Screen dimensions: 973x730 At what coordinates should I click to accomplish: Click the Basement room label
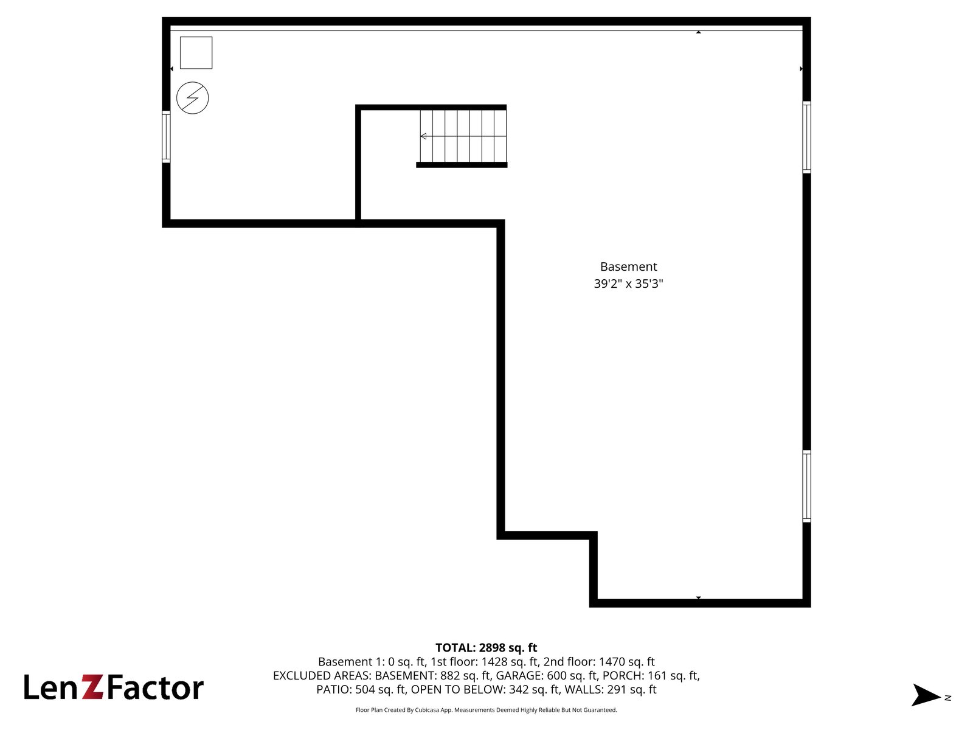[628, 266]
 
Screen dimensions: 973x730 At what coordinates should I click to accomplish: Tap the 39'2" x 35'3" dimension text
[628, 283]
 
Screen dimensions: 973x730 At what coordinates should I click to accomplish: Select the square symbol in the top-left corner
[196, 53]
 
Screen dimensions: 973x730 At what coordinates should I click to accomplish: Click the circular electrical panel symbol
[192, 98]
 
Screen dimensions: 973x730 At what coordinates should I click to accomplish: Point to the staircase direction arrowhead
[423, 136]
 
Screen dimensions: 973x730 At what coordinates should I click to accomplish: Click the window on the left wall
[166, 136]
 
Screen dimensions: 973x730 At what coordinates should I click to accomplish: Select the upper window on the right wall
[806, 137]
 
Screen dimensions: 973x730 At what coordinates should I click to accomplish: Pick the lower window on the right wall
[806, 486]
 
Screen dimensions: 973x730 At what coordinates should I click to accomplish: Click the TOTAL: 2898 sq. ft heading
[486, 647]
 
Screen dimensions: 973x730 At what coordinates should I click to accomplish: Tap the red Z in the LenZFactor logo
[92, 687]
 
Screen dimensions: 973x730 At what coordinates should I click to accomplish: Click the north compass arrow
[926, 695]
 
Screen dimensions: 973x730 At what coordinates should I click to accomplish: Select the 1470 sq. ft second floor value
[626, 662]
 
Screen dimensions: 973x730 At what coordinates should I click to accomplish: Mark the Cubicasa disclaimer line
[486, 710]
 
